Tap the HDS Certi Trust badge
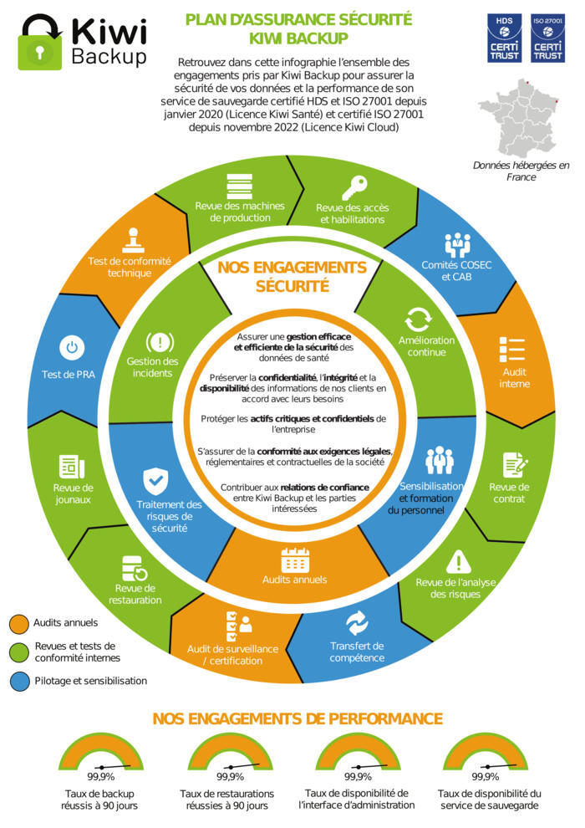(504, 37)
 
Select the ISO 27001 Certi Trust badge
(548, 37)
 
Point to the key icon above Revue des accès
(353, 187)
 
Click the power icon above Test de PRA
(71, 347)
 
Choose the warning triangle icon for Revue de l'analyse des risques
(458, 561)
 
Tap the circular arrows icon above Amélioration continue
(417, 320)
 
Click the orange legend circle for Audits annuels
(19, 623)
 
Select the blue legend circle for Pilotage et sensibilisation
(19, 681)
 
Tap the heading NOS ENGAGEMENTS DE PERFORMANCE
(298, 719)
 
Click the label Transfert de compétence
(357, 652)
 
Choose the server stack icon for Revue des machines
(240, 184)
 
